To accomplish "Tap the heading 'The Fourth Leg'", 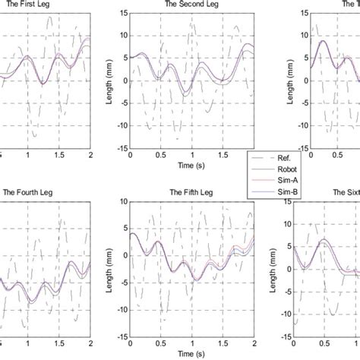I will coord(30,192).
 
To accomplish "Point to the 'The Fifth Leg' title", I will coord(192,192).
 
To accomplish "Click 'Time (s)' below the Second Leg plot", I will coord(192,164).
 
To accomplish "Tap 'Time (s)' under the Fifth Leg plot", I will coord(192,352).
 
